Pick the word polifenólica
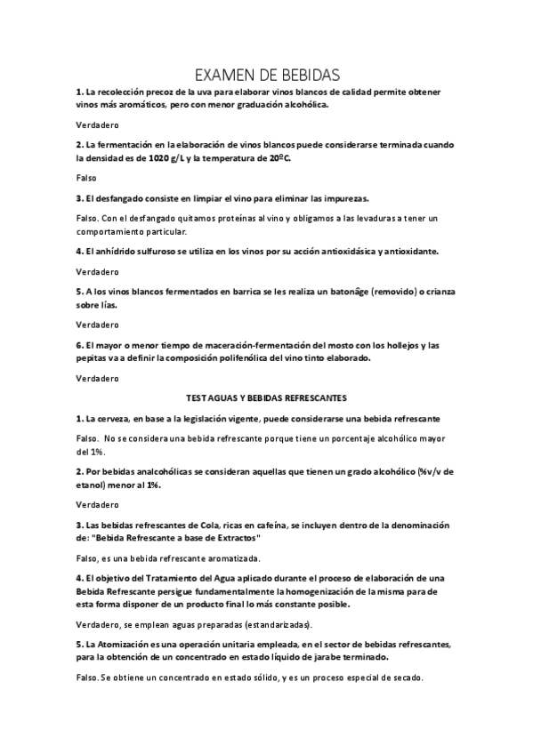262,357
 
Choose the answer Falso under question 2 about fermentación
86,178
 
